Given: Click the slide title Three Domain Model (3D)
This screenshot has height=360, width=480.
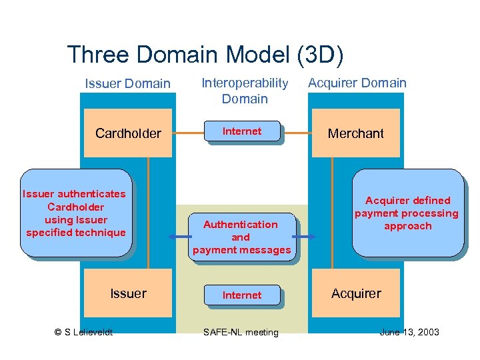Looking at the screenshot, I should click(205, 55).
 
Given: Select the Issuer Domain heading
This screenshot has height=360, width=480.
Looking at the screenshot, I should click(127, 83).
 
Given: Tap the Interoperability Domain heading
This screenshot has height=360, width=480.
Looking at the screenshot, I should click(245, 91).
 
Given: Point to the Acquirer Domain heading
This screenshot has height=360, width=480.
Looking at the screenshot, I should click(357, 83).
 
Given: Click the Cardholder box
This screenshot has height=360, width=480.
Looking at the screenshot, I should click(128, 133).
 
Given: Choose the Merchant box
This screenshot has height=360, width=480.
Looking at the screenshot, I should click(356, 133).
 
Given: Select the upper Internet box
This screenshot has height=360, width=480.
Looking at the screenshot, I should click(241, 131).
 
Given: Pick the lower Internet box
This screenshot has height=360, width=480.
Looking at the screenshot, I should click(241, 295).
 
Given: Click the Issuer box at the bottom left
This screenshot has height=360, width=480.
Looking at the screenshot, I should click(128, 293).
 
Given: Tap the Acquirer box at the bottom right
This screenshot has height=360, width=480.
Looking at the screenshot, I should click(356, 293).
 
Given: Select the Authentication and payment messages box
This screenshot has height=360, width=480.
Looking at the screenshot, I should click(241, 237).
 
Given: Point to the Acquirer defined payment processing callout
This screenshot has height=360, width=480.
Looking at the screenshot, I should click(407, 213).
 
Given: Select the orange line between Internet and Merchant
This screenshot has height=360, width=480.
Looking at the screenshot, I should click(296, 133).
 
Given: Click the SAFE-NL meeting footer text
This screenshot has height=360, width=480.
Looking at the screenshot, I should click(242, 332).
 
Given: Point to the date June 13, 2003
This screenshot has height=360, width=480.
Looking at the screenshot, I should click(409, 332).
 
